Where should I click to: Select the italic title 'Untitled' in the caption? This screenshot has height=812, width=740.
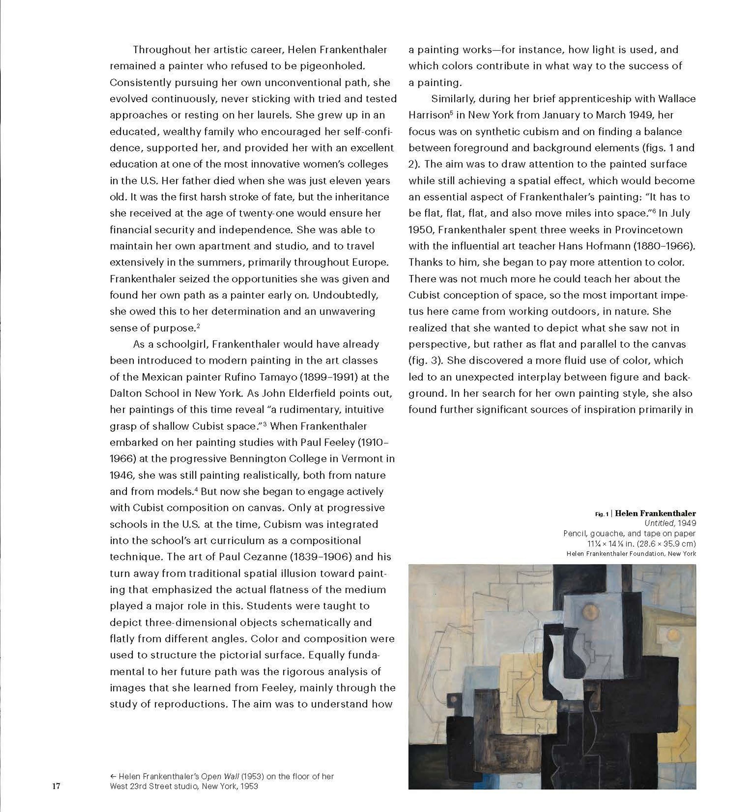659,523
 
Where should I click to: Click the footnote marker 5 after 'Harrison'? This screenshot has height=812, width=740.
451,113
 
